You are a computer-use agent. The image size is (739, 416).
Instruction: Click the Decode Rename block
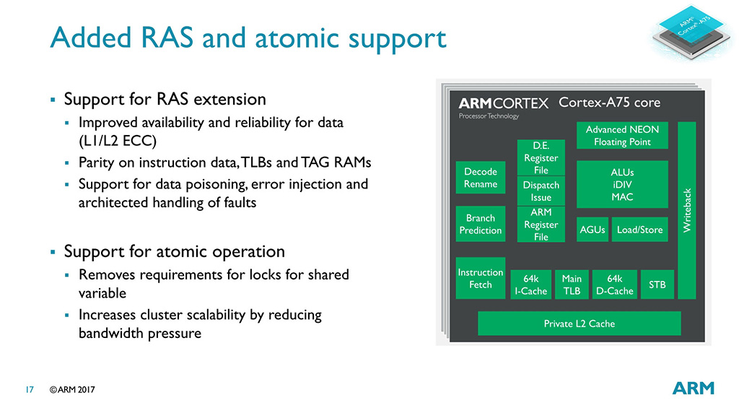[x=480, y=178]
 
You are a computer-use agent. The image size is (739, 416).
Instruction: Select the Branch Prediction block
[x=480, y=224]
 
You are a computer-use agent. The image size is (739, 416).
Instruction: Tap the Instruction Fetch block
[x=480, y=278]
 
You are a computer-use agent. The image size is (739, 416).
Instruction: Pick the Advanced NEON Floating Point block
[x=622, y=136]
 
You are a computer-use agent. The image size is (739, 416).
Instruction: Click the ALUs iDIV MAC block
[x=622, y=184]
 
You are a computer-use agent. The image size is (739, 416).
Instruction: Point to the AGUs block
[x=592, y=230]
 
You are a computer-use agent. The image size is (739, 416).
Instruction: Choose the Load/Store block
[x=639, y=230]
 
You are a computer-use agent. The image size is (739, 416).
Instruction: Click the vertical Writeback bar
[x=687, y=210]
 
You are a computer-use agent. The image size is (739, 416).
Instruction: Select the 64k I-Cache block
[x=530, y=285]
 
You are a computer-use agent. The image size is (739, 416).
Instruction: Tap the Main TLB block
[x=572, y=285]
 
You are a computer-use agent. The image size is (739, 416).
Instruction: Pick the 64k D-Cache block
[x=615, y=285]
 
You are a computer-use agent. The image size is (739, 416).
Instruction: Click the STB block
[x=657, y=285]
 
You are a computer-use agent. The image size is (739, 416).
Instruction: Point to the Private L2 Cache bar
[x=580, y=324]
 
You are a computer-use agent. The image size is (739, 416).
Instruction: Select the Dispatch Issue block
[x=541, y=191]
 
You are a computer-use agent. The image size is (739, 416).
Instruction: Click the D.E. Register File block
[x=541, y=157]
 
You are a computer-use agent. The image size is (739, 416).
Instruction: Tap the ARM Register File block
[x=541, y=225]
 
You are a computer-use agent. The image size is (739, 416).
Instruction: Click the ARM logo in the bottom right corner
[x=694, y=388]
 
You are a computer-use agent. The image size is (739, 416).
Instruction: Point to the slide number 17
[x=30, y=389]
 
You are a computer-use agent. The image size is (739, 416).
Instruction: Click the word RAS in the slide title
[x=167, y=38]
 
